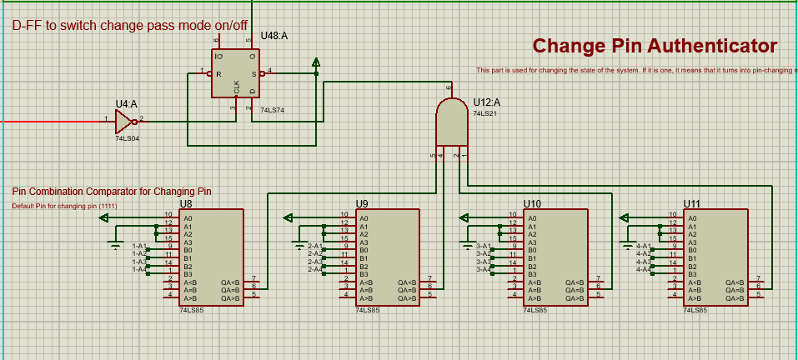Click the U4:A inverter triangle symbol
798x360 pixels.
tap(126, 122)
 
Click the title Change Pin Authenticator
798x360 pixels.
tap(655, 46)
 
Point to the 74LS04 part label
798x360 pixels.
tap(127, 138)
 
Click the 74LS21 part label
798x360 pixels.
tap(484, 112)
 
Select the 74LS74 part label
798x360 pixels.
tap(272, 109)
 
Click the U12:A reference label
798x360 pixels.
tap(486, 102)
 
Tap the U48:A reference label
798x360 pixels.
tap(274, 36)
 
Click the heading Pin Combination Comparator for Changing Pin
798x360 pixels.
tap(112, 192)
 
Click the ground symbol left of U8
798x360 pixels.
tap(116, 243)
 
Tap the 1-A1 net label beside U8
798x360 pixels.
tap(138, 247)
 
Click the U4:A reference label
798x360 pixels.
tap(126, 103)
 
